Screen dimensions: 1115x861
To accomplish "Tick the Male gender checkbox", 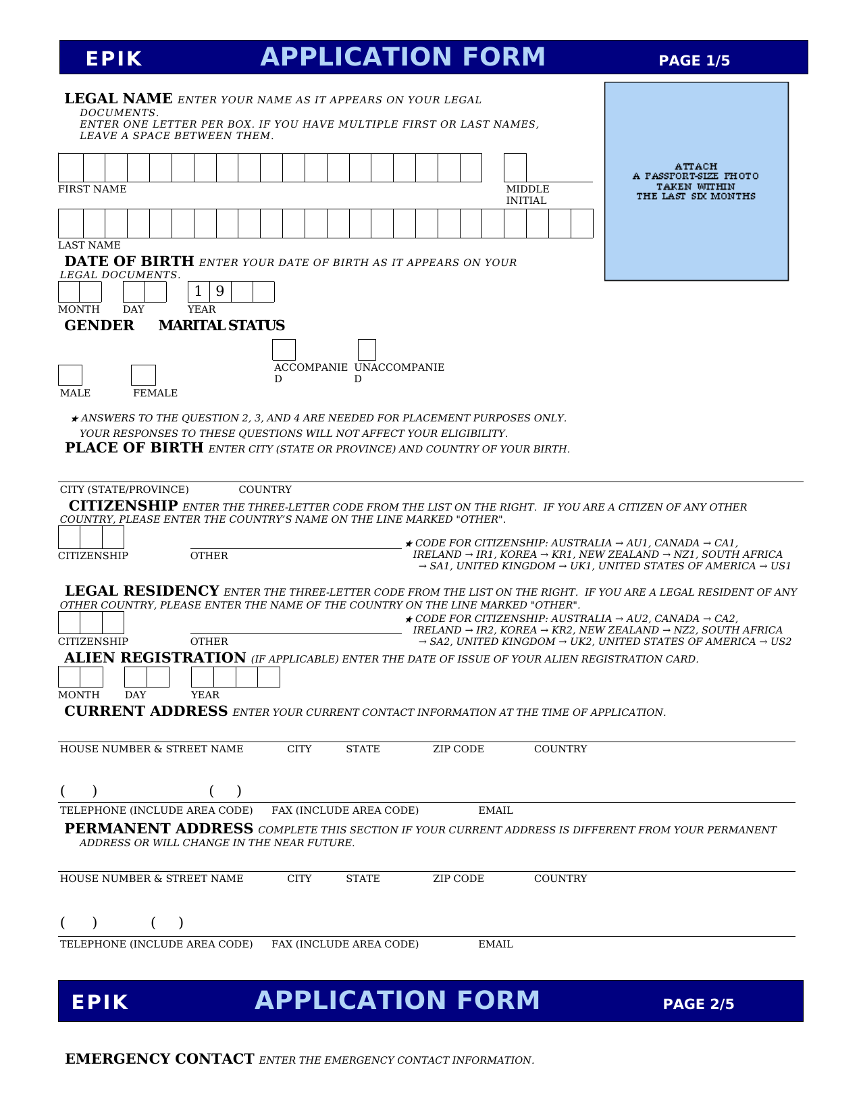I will click(70, 375).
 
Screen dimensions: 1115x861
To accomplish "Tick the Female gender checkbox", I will click(143, 375).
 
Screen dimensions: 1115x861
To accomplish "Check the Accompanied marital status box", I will click(284, 350).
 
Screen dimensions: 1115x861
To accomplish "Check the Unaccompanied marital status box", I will click(367, 350).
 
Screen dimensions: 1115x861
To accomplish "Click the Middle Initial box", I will click(515, 167).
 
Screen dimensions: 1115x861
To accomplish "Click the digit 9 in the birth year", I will click(219, 292).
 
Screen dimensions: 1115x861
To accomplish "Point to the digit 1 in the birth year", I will click(198, 292).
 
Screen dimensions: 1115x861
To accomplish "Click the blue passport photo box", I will click(696, 181).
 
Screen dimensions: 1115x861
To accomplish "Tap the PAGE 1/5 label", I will click(694, 61).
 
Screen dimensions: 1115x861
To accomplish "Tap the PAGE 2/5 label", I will click(698, 1004).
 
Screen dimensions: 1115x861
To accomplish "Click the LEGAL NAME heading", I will click(119, 99).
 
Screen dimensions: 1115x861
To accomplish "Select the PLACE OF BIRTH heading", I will click(134, 448).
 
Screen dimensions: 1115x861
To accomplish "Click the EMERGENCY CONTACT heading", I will click(159, 1059).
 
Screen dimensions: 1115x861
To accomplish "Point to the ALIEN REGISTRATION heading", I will click(155, 658).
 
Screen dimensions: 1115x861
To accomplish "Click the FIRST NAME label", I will click(93, 189).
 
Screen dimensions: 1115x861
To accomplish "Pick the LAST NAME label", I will click(89, 245).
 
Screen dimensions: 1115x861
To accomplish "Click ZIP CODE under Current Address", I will click(459, 749).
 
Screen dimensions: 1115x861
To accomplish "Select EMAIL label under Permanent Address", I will click(496, 944).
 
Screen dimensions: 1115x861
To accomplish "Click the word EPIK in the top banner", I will click(114, 59).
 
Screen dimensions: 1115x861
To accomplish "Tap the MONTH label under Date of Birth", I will click(79, 309).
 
